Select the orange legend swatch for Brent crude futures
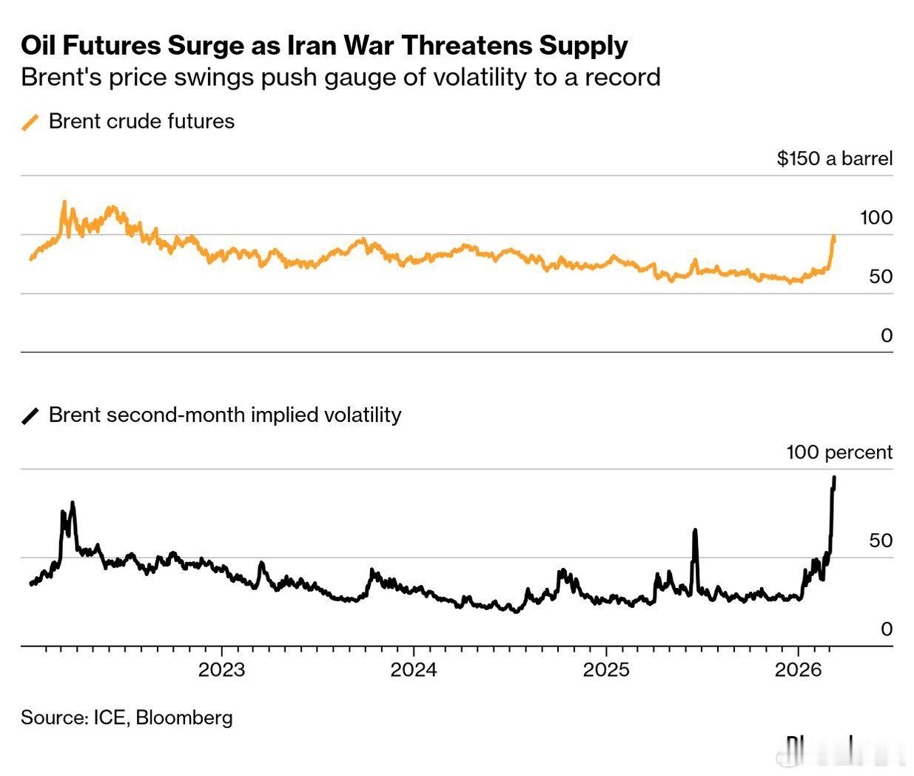(30, 122)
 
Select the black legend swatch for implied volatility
(30, 415)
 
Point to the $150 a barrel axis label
(834, 158)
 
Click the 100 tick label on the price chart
(876, 218)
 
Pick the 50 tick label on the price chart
(881, 277)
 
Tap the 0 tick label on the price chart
(887, 335)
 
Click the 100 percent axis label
(839, 452)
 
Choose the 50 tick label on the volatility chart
(881, 541)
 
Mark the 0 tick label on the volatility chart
(887, 629)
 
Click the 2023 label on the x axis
(221, 670)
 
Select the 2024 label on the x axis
(414, 670)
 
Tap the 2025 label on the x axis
(606, 670)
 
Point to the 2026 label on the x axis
(799, 670)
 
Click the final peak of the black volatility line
(835, 478)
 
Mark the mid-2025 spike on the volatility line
(695, 531)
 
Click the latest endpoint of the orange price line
(834, 237)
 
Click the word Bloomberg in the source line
(184, 718)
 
